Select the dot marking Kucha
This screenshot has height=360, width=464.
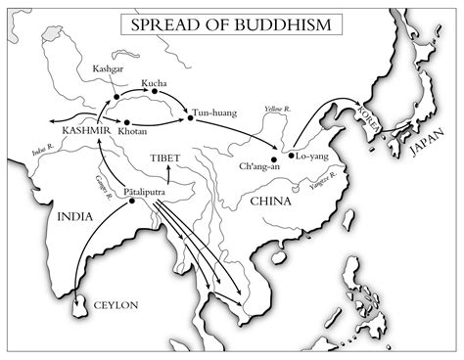143,95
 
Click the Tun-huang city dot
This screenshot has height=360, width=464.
189,118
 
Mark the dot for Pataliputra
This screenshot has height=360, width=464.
130,202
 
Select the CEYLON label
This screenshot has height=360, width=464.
116,305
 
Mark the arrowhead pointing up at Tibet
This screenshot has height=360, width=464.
166,169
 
